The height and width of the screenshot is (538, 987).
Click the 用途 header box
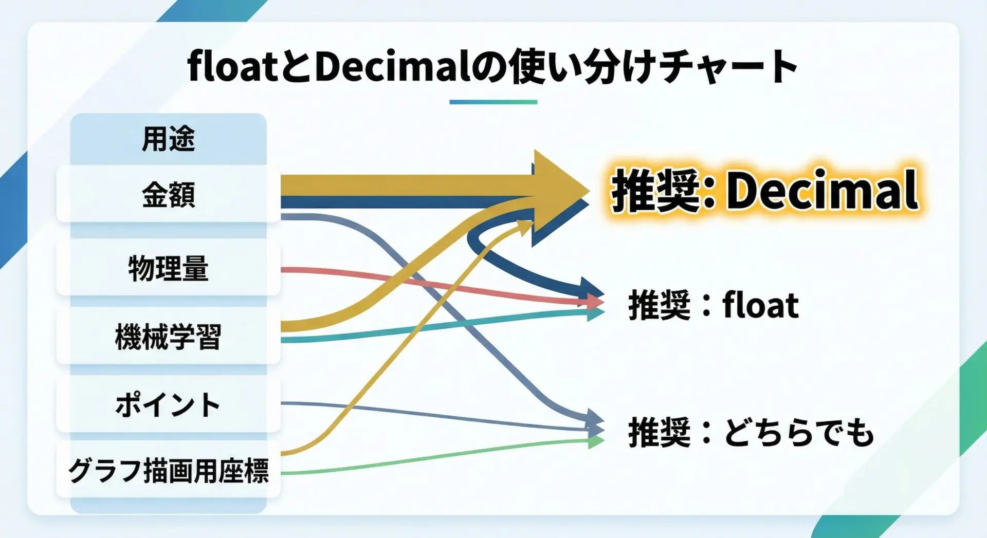[x=169, y=139]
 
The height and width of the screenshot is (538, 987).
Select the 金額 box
[x=169, y=194]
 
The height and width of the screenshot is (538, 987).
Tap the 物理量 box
[x=169, y=268]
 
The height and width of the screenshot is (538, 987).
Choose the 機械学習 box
[x=169, y=337]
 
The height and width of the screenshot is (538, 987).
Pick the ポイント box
[x=169, y=404]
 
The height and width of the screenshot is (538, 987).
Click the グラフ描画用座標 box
[x=169, y=470]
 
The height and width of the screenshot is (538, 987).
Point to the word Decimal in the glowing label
[x=822, y=190]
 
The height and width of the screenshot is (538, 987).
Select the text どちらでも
[x=800, y=432]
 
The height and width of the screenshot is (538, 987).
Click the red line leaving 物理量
[x=442, y=286]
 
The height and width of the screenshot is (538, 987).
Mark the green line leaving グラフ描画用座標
[x=442, y=456]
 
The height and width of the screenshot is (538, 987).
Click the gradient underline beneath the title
[x=493, y=102]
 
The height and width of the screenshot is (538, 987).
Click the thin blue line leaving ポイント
[x=442, y=415]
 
